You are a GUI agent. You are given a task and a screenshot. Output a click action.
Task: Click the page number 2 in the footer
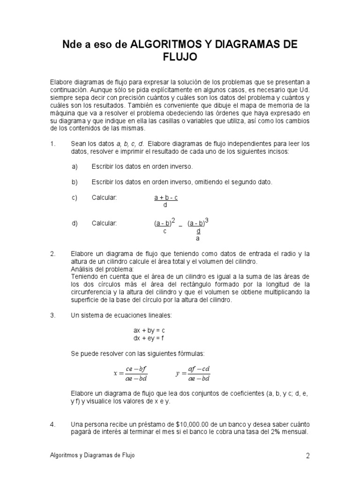tap(308, 456)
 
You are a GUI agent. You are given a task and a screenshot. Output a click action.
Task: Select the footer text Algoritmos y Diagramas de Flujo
tap(92, 455)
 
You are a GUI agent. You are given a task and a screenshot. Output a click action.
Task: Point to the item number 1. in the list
tap(52, 143)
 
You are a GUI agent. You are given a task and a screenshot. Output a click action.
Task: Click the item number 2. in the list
tap(52, 254)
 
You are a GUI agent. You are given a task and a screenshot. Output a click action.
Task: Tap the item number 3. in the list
tap(52, 315)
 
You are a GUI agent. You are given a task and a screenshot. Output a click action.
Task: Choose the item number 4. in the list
tap(52, 425)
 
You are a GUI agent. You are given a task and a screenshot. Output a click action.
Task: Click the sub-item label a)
tap(75, 166)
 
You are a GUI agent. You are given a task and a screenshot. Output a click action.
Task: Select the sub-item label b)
tap(75, 182)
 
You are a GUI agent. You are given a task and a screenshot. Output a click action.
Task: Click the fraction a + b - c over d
tap(166, 201)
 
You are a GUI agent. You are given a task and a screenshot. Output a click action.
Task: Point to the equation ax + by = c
tap(149, 330)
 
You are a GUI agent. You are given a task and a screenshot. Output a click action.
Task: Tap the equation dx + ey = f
tap(149, 338)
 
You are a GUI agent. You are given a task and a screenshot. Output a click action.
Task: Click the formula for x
tap(130, 374)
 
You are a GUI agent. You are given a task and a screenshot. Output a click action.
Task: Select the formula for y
tap(193, 374)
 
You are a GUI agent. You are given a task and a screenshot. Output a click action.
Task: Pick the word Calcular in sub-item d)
tap(104, 223)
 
